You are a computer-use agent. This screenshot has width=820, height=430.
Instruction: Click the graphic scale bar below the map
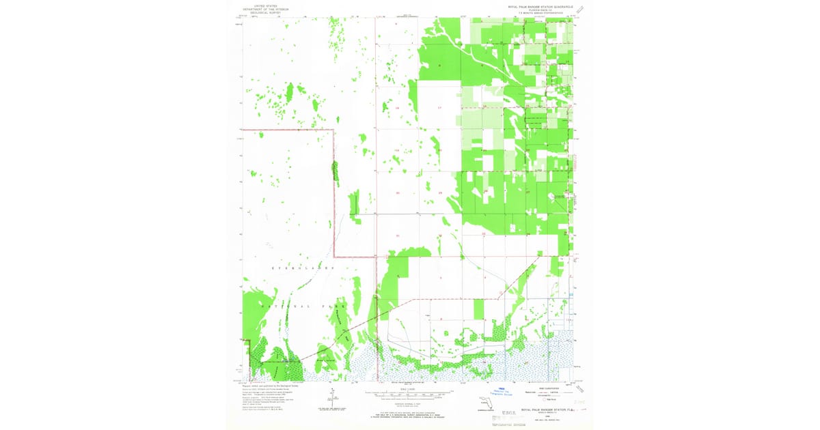409,394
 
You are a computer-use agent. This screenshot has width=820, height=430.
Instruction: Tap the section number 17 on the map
440,109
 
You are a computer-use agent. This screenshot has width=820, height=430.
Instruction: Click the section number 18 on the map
397,109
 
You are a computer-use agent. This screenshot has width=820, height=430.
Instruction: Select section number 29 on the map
440,193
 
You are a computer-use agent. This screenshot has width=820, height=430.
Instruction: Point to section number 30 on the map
397,193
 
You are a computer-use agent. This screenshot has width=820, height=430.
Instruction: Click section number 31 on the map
397,235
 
